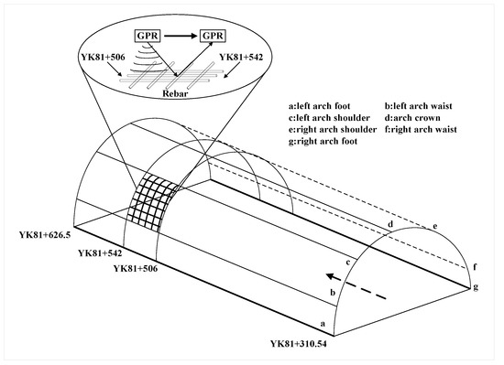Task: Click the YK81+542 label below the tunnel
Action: point(104,252)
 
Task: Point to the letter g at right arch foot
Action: point(477,287)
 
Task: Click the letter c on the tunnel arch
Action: point(348,263)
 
